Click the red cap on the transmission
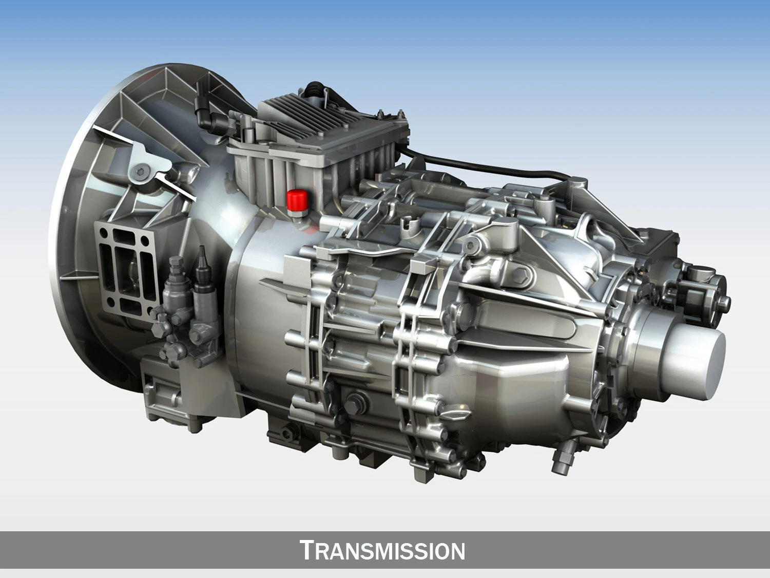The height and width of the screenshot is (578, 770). tap(296, 200)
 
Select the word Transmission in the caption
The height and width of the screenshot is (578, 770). tap(382, 550)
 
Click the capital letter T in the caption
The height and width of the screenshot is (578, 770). tap(306, 550)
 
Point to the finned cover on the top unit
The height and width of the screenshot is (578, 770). tap(308, 121)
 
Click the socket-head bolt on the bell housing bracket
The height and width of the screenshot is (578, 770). tap(141, 172)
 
